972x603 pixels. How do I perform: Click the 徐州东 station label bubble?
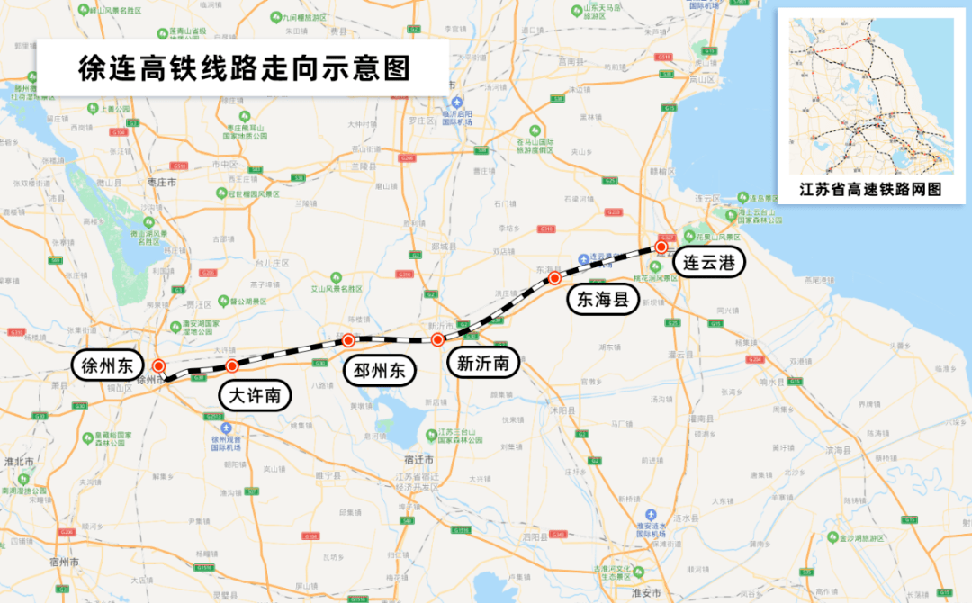pyautogui.click(x=107, y=365)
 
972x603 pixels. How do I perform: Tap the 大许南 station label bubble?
pyautogui.click(x=256, y=395)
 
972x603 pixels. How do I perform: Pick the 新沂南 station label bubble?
pyautogui.click(x=483, y=364)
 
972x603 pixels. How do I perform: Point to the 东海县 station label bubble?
pyautogui.click(x=602, y=300)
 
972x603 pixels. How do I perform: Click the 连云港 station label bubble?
pyautogui.click(x=708, y=263)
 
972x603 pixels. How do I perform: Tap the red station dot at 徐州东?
pyautogui.click(x=158, y=365)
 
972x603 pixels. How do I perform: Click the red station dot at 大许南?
pyautogui.click(x=232, y=365)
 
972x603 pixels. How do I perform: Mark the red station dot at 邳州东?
pyautogui.click(x=348, y=340)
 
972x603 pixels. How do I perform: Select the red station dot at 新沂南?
pyautogui.click(x=437, y=339)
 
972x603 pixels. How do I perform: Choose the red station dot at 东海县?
pyautogui.click(x=555, y=278)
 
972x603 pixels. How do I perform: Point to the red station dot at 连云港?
pyautogui.click(x=661, y=246)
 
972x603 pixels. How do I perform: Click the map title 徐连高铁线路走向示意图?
pyautogui.click(x=244, y=68)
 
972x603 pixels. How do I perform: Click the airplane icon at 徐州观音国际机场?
pyautogui.click(x=229, y=428)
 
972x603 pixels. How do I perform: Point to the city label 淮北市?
pyautogui.click(x=19, y=461)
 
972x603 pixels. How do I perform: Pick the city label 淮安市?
pyautogui.click(x=646, y=593)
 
